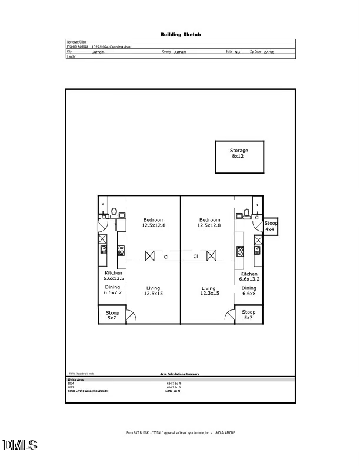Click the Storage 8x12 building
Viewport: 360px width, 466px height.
coord(238,157)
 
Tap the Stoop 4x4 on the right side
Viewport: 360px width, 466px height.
coord(270,227)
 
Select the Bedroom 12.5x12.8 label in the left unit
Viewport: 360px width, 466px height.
coord(153,222)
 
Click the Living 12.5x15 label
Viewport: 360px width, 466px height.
coord(153,291)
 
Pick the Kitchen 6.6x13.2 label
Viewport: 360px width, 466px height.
coord(249,277)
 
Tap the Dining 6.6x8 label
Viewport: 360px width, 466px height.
coord(249,291)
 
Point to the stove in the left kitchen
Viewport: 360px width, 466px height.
coord(121,251)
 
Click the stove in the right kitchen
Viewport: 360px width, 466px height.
coord(240,251)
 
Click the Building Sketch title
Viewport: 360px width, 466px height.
coord(181,35)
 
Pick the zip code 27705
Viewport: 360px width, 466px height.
coord(269,52)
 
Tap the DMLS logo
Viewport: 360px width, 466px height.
coord(21,445)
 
